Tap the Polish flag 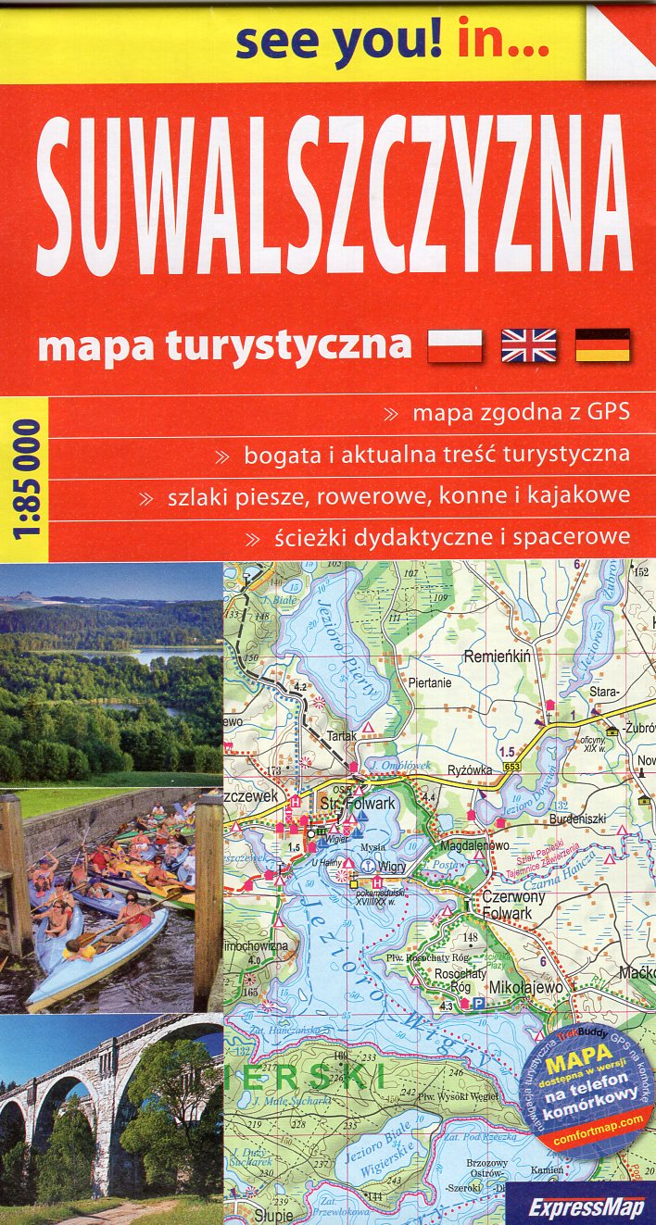[x=455, y=345]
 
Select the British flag [x=528, y=345]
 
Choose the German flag [x=602, y=345]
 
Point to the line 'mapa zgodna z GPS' [x=521, y=413]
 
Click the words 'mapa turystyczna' [x=225, y=344]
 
